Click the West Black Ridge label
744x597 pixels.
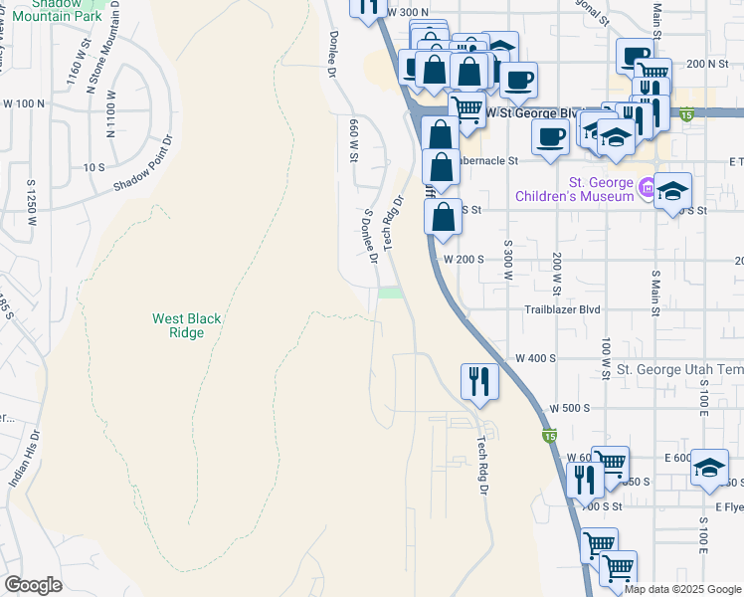186,325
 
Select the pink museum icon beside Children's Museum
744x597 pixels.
647,186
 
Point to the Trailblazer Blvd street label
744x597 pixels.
563,309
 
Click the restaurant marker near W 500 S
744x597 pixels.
479,380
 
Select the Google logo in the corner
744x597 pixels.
33,585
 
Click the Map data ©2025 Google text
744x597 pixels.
682,589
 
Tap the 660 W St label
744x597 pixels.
354,139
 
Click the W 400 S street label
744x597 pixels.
534,357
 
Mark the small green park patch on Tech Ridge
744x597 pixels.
391,292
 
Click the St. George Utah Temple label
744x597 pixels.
679,369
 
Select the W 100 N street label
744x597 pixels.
24,103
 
